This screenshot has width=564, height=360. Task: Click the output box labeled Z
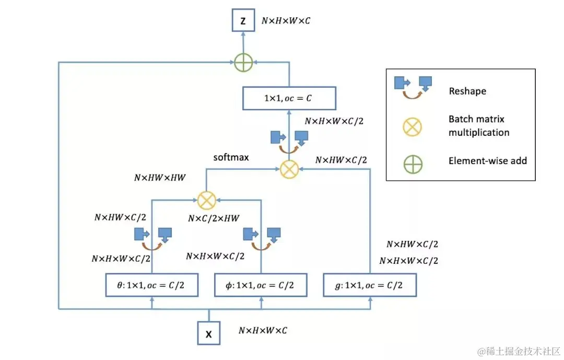[x=243, y=20]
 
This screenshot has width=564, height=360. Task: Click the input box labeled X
[x=208, y=333]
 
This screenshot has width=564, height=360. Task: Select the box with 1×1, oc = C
[x=289, y=98]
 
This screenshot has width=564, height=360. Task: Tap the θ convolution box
[x=152, y=285]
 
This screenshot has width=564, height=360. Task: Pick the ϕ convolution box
[x=261, y=285]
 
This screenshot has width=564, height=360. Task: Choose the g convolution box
[x=370, y=285]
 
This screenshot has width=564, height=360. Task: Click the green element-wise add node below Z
[x=243, y=62]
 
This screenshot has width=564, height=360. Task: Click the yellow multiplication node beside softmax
[x=289, y=169]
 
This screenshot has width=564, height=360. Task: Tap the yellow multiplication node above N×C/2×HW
[x=207, y=201]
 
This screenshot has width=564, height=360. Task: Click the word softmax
[x=231, y=157]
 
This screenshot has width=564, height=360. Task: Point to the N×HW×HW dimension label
[x=160, y=178]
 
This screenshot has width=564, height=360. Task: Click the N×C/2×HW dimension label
[x=214, y=218]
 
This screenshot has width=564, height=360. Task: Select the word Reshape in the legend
[x=467, y=91]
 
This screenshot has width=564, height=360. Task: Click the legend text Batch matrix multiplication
[x=479, y=125]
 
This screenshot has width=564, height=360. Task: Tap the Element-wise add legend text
[x=487, y=160]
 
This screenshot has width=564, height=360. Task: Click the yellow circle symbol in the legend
[x=412, y=127]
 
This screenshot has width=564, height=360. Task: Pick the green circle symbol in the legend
[x=413, y=165]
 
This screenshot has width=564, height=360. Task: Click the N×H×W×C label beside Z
[x=286, y=21]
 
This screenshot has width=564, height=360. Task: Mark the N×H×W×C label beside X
[x=263, y=331]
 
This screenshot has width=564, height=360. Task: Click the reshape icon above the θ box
[x=153, y=239]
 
